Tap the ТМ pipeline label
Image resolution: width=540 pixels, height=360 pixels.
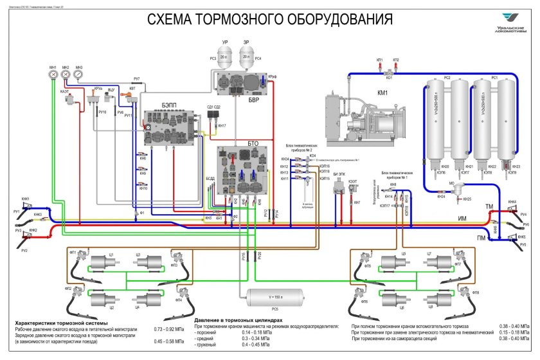click(489, 206)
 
